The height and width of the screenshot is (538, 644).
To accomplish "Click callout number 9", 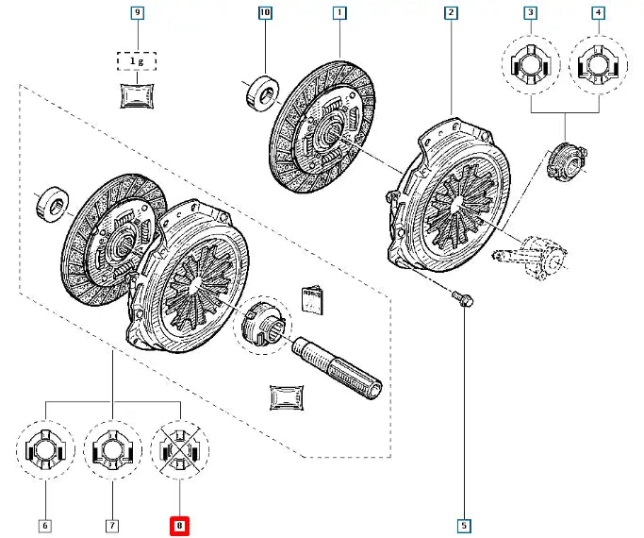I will tap(139, 13).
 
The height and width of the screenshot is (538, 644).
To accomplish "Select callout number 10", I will tap(264, 13).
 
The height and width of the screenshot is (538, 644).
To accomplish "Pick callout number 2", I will tap(452, 13).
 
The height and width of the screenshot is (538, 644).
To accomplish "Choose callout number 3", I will tap(531, 13).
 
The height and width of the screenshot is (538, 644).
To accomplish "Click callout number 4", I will tap(598, 13).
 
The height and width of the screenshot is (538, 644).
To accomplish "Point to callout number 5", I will tap(464, 525).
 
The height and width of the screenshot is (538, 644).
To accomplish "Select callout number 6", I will tap(44, 525).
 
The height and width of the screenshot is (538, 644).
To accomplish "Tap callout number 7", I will tap(111, 525).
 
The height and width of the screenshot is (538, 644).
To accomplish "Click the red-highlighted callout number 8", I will tap(179, 525).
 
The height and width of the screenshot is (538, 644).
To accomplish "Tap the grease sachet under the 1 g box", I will tap(138, 94).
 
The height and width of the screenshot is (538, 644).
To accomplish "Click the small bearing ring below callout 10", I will tap(261, 91).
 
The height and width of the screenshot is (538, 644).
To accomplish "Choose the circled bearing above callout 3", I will tap(531, 65).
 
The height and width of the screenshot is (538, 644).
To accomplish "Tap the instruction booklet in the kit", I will tap(312, 297).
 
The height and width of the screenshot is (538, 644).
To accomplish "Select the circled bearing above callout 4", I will tap(598, 65).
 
